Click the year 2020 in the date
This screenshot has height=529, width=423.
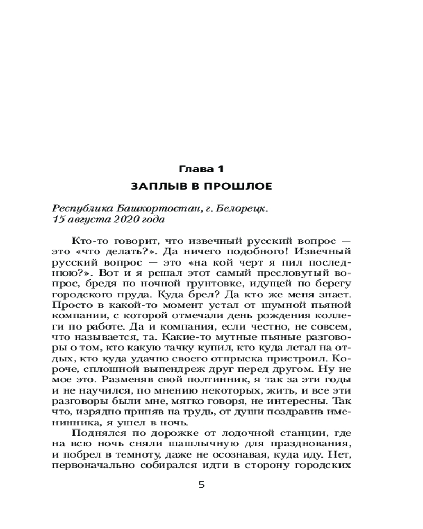pyautogui.click(x=119, y=218)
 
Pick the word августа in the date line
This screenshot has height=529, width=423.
pyautogui.click(x=86, y=218)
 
